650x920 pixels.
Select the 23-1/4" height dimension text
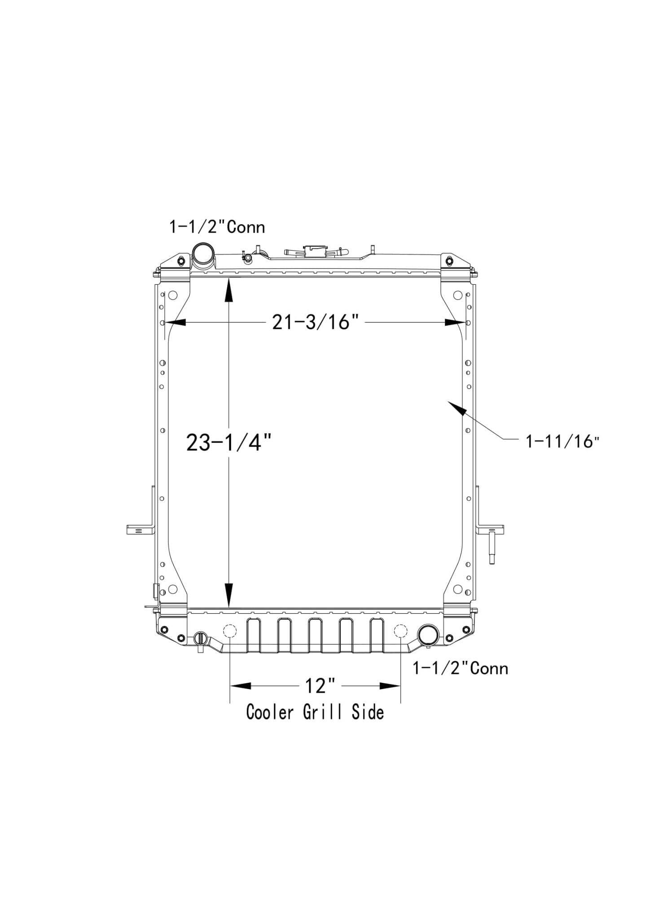tap(229, 442)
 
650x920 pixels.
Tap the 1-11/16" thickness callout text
tap(563, 442)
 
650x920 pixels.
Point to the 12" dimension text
tap(320, 686)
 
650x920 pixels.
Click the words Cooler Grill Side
tap(315, 712)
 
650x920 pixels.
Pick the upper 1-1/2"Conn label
tap(217, 227)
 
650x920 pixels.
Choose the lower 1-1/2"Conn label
tap(461, 668)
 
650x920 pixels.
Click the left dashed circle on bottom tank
tap(229, 631)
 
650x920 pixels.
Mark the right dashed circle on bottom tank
tap(400, 631)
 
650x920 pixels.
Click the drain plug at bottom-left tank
tap(201, 638)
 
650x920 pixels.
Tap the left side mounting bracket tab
tap(140, 529)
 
